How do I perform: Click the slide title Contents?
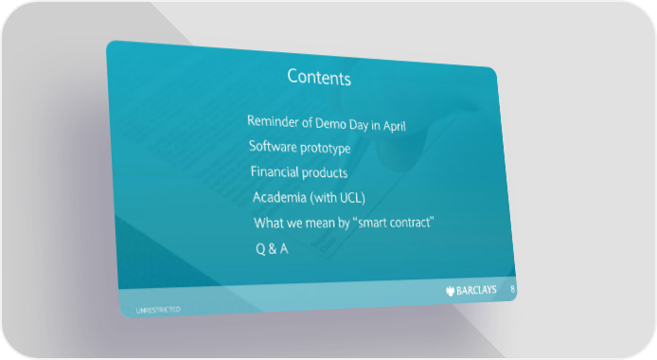coord(319,78)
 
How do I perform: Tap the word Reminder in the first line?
coord(274,121)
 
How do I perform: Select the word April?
coord(394,126)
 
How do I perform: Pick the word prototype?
coord(326,149)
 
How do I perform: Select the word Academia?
coord(279,197)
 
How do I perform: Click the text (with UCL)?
coord(338,197)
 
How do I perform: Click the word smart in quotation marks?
coord(372,223)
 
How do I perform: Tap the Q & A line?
coord(272,248)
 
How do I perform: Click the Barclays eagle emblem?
coord(450,291)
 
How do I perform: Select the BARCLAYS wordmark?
coord(476,290)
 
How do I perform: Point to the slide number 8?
coord(512,289)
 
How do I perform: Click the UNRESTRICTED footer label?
coord(158,310)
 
